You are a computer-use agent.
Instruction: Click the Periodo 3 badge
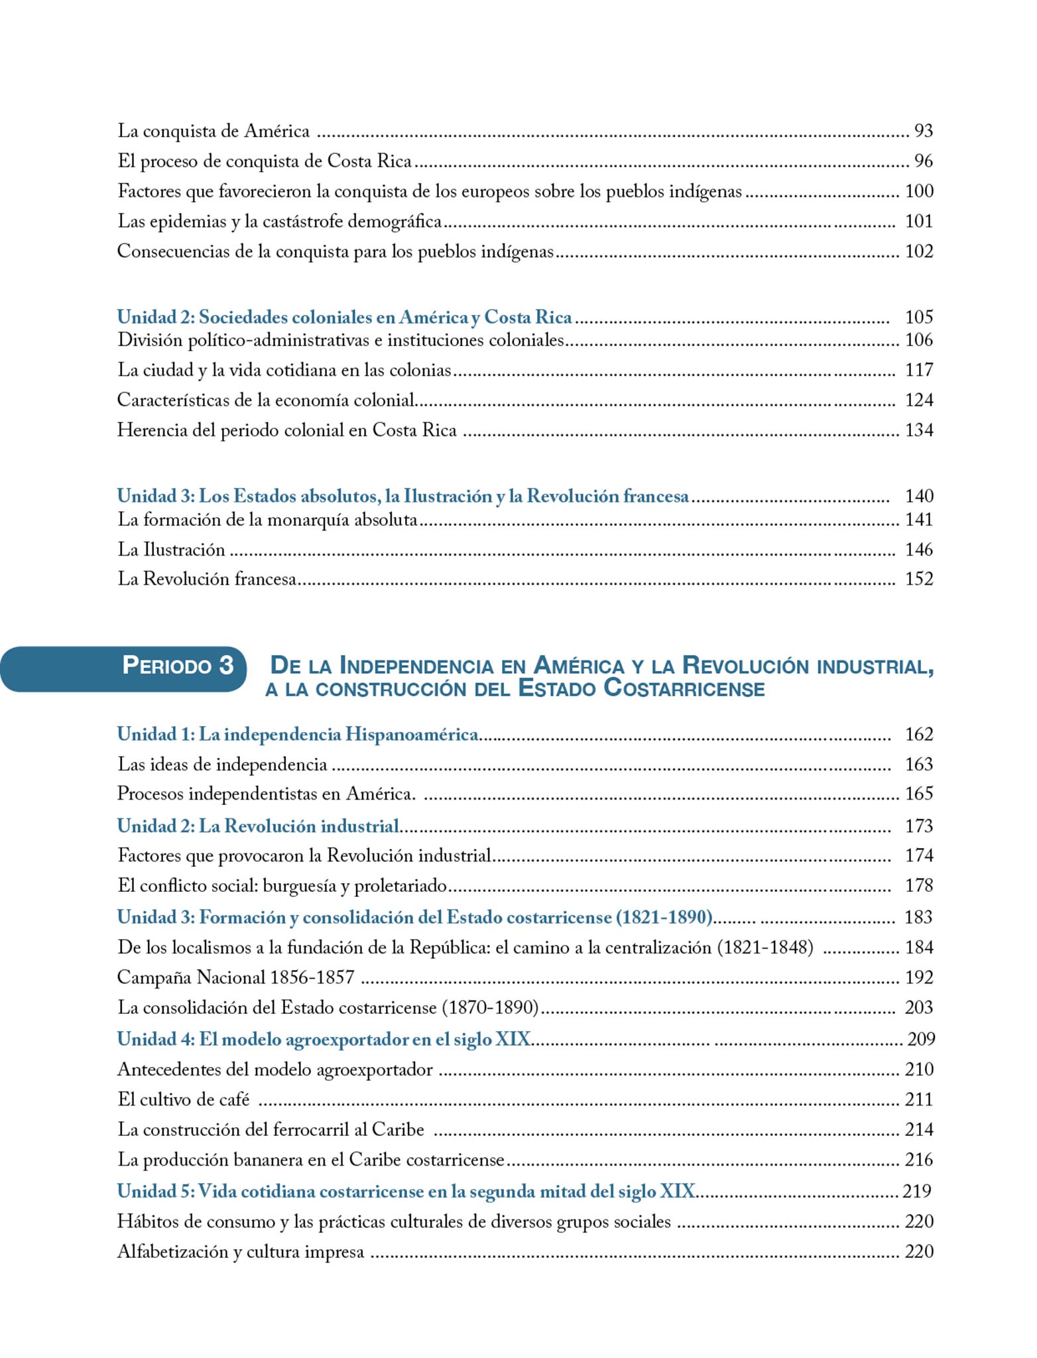[x=178, y=665]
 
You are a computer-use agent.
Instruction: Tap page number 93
[x=923, y=131]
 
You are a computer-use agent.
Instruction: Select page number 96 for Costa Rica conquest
[x=923, y=161]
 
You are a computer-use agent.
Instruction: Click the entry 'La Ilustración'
[x=171, y=550]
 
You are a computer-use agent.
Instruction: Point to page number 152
[x=919, y=579]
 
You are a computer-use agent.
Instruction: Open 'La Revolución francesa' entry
[x=207, y=579]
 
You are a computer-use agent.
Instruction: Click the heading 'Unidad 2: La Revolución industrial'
[x=259, y=826]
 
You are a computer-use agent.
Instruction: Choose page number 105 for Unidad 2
[x=919, y=317]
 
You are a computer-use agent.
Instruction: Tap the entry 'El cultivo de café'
[x=184, y=1099]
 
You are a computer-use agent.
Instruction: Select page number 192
[x=919, y=977]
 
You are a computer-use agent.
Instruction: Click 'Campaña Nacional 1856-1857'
[x=235, y=977]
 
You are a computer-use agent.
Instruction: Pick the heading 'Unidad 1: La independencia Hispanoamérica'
[x=298, y=735]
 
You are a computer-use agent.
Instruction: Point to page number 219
[x=917, y=1191]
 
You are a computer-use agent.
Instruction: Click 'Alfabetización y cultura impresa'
[x=241, y=1252]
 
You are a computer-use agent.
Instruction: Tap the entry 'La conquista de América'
[x=213, y=131]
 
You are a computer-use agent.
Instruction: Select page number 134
[x=919, y=430]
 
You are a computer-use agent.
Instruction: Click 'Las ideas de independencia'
[x=222, y=765]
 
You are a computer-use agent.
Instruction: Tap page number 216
[x=919, y=1160]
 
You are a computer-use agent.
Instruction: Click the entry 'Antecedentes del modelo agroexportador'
[x=274, y=1070]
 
